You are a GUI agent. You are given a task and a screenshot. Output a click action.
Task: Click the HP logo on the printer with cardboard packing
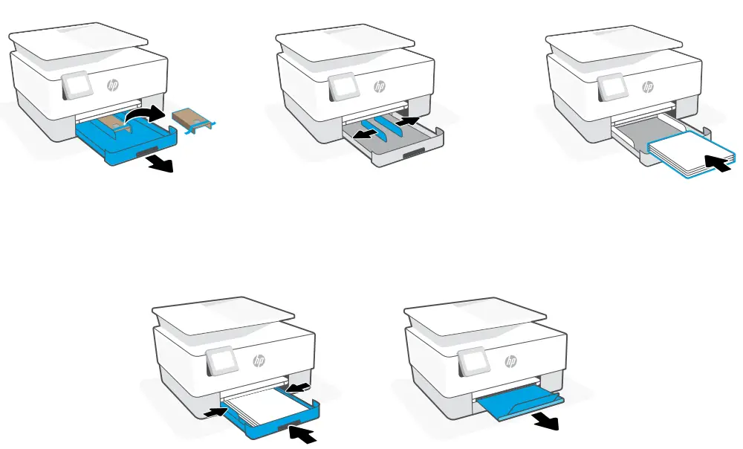[x=113, y=85]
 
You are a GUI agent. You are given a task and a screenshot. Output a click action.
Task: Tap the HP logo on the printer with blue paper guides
[x=380, y=86]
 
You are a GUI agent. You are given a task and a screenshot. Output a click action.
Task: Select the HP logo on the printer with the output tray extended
[x=510, y=361]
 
